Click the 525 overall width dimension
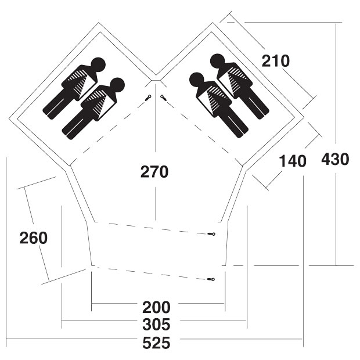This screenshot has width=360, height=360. click(x=156, y=344)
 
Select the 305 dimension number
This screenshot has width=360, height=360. click(x=156, y=325)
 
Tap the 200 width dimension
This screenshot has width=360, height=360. click(x=156, y=307)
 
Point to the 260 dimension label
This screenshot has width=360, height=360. click(x=34, y=238)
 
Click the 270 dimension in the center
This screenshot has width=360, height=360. click(x=154, y=172)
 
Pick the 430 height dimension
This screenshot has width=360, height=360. click(x=335, y=159)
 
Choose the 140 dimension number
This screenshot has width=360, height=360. click(x=293, y=161)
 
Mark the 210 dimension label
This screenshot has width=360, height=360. click(x=276, y=61)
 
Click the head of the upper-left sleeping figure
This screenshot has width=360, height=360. click(x=98, y=64)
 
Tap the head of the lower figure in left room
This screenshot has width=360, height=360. click(x=117, y=85)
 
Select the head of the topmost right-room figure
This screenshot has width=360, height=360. click(x=217, y=61)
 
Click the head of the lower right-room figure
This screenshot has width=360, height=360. click(x=196, y=80)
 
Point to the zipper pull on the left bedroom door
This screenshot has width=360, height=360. click(x=148, y=98)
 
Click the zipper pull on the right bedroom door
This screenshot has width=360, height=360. click(x=164, y=98)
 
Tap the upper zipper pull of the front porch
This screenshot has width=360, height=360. click(x=211, y=234)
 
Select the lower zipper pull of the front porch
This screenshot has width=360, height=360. click(x=211, y=279)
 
